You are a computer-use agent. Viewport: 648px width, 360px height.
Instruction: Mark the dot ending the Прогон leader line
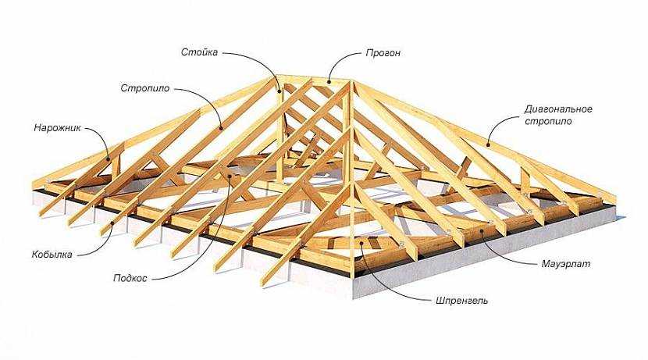(329, 80)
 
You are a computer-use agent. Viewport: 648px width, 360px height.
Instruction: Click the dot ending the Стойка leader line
(279, 91)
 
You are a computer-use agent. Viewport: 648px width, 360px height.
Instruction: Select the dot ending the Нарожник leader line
(114, 162)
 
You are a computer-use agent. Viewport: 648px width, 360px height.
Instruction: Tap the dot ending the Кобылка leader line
(112, 223)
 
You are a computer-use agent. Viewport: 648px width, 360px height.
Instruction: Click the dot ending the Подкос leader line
(230, 176)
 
